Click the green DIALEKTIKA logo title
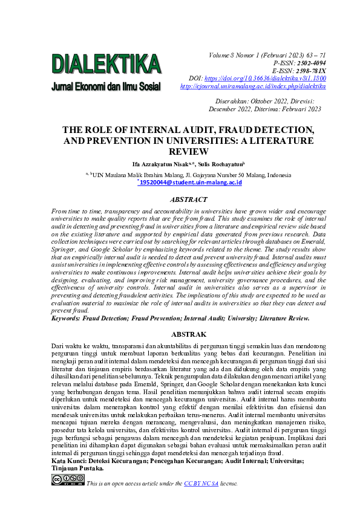click(x=106, y=63)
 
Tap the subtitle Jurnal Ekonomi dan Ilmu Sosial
click(x=106, y=86)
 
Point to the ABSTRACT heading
click(x=189, y=198)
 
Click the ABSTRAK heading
click(x=189, y=334)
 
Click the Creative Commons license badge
click(x=68, y=479)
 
